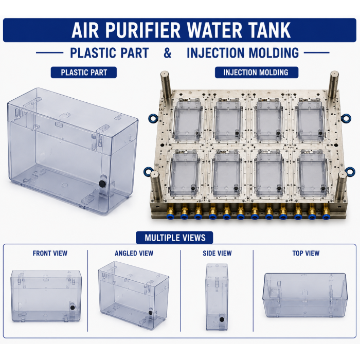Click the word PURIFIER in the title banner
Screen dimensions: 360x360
pos(143,30)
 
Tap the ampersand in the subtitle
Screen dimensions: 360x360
pos(168,53)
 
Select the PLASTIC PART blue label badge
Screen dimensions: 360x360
pos(83,73)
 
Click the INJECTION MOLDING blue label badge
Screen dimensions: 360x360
pos(257,73)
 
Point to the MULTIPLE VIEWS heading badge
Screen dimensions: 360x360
pos(174,238)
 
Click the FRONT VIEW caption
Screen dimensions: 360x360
pos(50,253)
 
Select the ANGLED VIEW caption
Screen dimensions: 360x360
pos(134,253)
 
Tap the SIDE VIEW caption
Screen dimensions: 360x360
pos(217,253)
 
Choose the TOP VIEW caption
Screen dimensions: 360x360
pos(306,253)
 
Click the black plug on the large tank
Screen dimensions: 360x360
pos(102,184)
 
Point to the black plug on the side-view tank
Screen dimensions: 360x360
pos(222,319)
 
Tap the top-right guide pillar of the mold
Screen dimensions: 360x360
pos(333,85)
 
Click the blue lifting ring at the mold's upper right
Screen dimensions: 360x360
pos(346,118)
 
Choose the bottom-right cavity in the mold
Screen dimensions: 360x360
pos(312,174)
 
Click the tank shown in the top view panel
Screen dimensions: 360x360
pos(305,295)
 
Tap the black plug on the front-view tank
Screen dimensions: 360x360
pos(73,308)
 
